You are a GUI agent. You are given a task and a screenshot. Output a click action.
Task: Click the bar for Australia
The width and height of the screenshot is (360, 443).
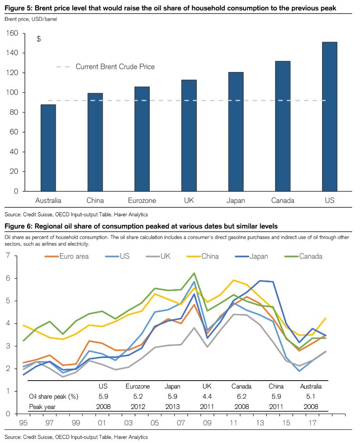[x=48, y=148]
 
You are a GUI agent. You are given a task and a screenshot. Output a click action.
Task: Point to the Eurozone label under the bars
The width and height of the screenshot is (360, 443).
[x=142, y=200]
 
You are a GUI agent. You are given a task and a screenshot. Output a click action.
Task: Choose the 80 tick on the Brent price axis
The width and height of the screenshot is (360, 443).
[x=14, y=112]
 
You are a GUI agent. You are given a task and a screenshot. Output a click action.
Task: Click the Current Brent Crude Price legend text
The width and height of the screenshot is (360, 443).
[x=115, y=67]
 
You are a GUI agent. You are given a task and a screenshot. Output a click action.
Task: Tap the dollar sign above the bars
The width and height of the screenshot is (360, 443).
[x=39, y=39]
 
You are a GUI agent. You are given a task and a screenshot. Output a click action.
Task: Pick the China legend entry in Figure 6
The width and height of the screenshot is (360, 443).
[x=209, y=256]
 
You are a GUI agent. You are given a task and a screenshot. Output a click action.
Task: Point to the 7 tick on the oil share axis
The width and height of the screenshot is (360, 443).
[x=8, y=256]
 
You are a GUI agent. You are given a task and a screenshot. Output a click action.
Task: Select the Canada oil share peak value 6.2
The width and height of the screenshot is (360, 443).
[x=241, y=396]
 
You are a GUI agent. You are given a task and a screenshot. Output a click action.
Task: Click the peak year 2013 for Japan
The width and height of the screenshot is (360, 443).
[x=172, y=406]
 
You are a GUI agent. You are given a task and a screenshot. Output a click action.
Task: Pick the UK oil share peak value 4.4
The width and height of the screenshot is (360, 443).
[x=207, y=396]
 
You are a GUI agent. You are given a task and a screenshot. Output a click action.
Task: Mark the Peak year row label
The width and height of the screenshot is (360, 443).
[x=43, y=406]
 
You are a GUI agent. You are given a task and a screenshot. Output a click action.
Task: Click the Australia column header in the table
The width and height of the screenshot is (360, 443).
[x=311, y=386]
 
